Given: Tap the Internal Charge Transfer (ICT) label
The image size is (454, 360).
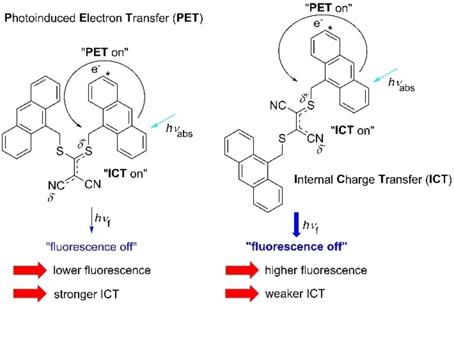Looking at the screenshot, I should click(x=372, y=179).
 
